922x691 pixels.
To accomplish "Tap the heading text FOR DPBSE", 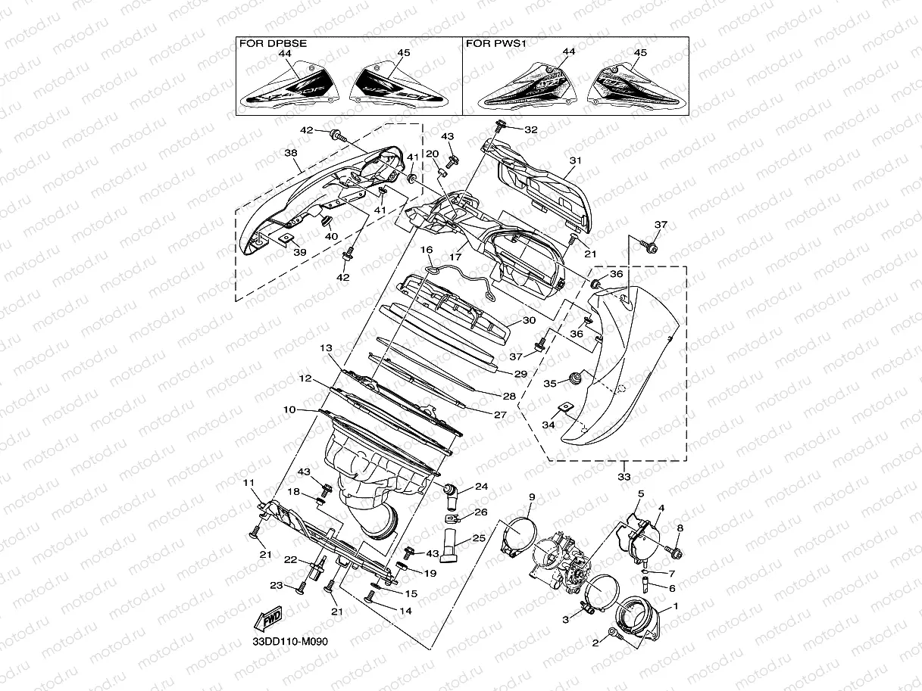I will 273,44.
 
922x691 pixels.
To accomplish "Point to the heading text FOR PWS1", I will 495,44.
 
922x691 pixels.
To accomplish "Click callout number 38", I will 290,152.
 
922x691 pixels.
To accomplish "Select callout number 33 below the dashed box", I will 624,477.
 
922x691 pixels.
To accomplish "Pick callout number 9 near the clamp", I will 532,496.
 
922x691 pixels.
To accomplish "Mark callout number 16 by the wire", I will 427,249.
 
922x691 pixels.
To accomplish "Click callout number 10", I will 289,409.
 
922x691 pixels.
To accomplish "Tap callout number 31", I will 576,160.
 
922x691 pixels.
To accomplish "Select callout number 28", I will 508,396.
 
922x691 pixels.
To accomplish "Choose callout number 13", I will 326,347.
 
